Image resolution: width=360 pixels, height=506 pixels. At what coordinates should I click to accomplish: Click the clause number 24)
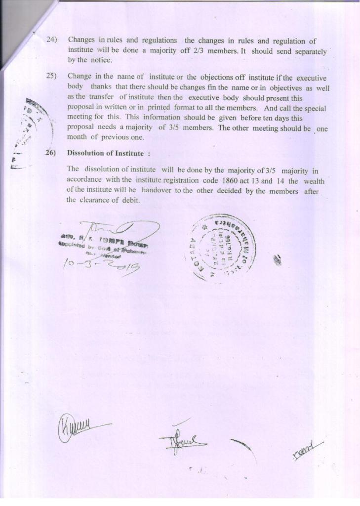pyautogui.click(x=52, y=40)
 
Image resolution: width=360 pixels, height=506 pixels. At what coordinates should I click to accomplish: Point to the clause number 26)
pyautogui.click(x=51, y=153)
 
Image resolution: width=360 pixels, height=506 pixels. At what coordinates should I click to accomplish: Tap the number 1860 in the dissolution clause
pyautogui.click(x=235, y=181)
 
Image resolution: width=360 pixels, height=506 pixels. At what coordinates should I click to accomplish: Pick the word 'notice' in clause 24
pyautogui.click(x=102, y=60)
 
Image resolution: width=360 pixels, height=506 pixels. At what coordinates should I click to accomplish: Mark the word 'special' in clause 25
pyautogui.click(x=314, y=108)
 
